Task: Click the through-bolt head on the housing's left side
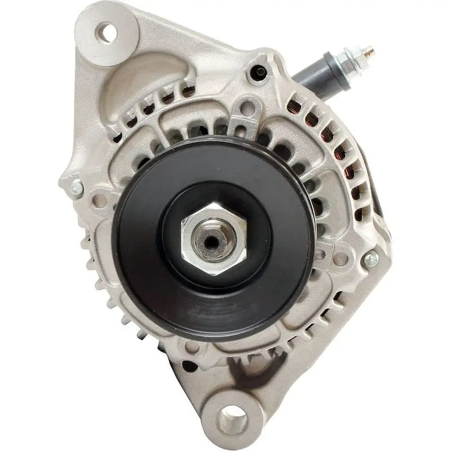point(75,188)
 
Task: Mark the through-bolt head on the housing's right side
point(370,259)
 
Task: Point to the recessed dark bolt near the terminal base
point(259,71)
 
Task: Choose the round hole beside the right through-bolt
point(341,258)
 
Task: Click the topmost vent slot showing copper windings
point(309,105)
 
